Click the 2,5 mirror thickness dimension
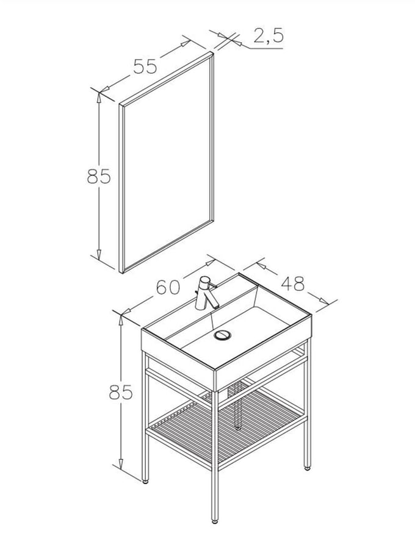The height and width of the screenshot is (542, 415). [269, 36]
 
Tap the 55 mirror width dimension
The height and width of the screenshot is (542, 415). [145, 66]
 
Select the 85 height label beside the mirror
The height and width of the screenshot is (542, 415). [99, 176]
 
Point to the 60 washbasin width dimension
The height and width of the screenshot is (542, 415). [168, 287]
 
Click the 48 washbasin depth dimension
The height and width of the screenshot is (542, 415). [292, 283]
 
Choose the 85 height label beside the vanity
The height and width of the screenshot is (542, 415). [121, 393]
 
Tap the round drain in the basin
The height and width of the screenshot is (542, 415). [222, 335]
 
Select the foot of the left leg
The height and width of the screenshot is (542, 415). [145, 481]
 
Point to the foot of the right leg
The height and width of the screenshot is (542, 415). [307, 468]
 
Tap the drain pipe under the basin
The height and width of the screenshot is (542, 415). [237, 404]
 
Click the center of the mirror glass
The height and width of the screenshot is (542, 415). [167, 162]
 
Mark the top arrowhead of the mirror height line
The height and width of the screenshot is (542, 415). [99, 98]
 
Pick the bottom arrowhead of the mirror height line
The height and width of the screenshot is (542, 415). [99, 255]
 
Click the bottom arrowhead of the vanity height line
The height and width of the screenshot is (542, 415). [121, 464]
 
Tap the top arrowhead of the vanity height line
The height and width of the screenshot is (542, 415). [121, 321]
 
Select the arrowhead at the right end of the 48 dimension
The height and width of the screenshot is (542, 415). [323, 301]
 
